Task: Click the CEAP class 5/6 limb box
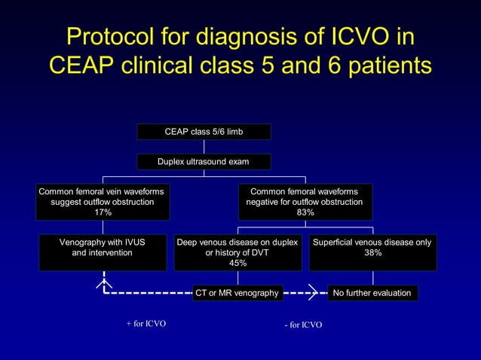tap(204, 132)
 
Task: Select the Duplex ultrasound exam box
tap(204, 162)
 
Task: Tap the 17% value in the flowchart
tap(103, 213)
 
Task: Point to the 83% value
tap(305, 213)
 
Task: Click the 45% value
tap(237, 264)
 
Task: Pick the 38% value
tap(372, 254)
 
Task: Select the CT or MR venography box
tap(237, 293)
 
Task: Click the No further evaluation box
tap(372, 293)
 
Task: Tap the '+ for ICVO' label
tap(146, 324)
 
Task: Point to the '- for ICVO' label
tap(303, 325)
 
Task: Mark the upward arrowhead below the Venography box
tap(103, 282)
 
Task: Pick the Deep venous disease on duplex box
tap(237, 252)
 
